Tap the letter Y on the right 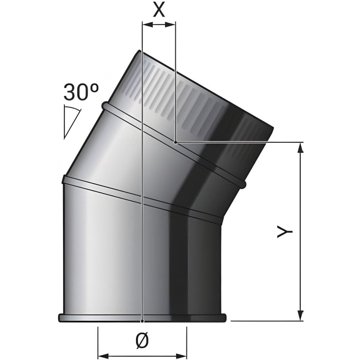pos(284,231)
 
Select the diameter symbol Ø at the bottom pos(143,340)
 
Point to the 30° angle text pos(81,92)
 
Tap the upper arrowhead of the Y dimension pos(300,148)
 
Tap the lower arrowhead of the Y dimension pos(300,316)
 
